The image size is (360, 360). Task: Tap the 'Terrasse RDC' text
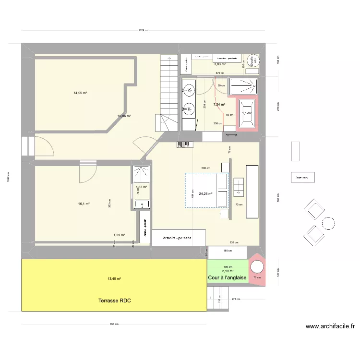[115, 301]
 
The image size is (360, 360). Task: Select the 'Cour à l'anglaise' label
[227, 278]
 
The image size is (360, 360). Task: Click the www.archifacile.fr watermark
[330, 326]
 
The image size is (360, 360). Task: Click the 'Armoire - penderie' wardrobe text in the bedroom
[179, 238]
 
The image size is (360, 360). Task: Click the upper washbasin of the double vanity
[188, 89]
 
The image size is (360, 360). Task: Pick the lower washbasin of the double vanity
[188, 109]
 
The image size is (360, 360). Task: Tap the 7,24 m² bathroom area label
[219, 104]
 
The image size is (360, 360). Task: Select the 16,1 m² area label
[84, 204]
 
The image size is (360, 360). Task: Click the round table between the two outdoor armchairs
[329, 223]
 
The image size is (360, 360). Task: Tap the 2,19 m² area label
[228, 271]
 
